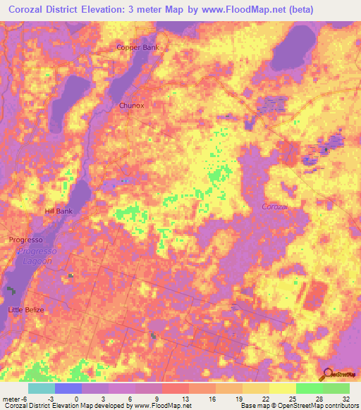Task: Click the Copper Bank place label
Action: (137, 47)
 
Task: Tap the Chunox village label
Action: (132, 106)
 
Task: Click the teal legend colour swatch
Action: (42, 388)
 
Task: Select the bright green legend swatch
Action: (310, 388)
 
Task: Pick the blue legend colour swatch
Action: (68, 388)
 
